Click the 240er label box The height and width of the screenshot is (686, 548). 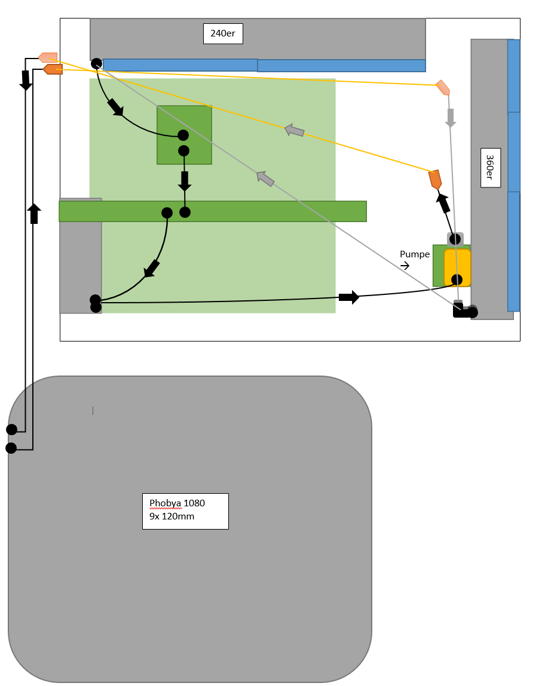[223, 33]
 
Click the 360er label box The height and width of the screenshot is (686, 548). [491, 168]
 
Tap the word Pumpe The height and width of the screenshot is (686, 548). [414, 254]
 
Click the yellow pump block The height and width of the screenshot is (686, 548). [457, 267]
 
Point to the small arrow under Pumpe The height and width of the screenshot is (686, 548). [405, 266]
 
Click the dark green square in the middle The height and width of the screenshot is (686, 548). [185, 135]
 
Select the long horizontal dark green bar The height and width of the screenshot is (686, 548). [213, 211]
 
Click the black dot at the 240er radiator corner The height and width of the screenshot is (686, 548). [96, 64]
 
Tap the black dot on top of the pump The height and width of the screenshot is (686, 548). [455, 239]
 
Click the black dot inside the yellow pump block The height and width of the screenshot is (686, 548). [457, 279]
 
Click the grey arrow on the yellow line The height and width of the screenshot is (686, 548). [295, 130]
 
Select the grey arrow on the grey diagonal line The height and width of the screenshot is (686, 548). [265, 179]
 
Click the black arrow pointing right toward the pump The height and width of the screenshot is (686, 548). [349, 297]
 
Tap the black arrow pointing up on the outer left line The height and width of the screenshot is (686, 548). [34, 214]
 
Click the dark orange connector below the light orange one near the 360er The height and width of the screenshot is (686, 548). [435, 180]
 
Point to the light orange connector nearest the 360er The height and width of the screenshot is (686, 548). [443, 88]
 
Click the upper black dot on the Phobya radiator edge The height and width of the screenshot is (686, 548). [12, 430]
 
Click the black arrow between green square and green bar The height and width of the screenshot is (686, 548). [185, 181]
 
